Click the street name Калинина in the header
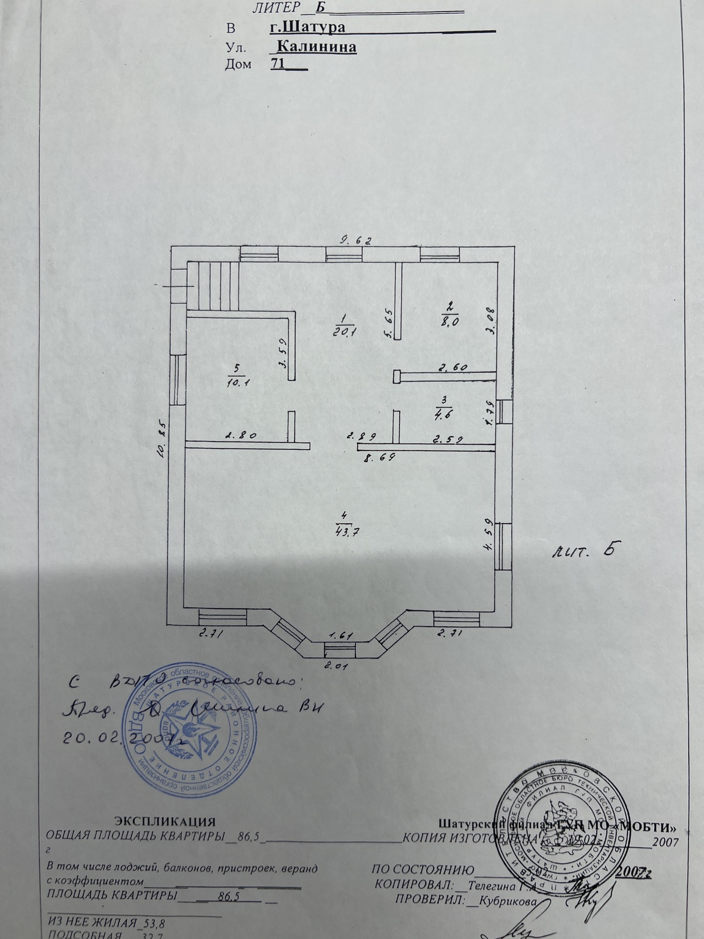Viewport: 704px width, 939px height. (x=317, y=47)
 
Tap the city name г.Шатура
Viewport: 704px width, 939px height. (x=307, y=27)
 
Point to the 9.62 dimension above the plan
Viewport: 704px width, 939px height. (x=356, y=240)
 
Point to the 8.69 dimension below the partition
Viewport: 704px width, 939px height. (x=379, y=458)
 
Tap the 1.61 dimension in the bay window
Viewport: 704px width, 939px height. (x=341, y=636)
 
